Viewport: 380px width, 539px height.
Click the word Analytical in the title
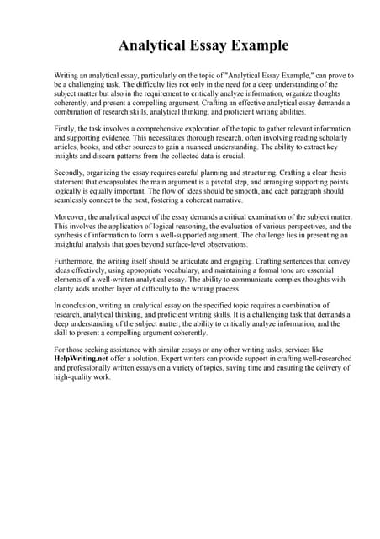151,45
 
